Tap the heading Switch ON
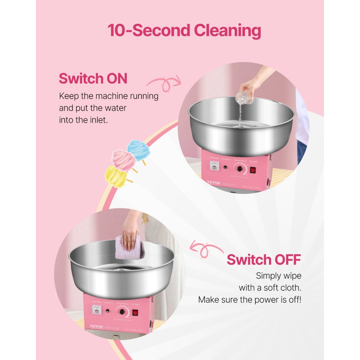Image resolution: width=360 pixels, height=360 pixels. click(93, 78)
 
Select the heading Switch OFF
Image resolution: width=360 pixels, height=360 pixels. click(264, 259)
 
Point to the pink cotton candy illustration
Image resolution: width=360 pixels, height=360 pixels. click(123, 159)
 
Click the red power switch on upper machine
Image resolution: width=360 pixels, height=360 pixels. click(253, 169)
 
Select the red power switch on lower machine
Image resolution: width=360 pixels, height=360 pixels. click(135, 313)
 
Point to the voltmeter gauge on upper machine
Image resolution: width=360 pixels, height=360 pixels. click(215, 166)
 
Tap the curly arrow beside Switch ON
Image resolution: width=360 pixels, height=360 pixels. click(164, 83)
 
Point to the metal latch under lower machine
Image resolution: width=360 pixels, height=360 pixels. click(115, 337)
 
